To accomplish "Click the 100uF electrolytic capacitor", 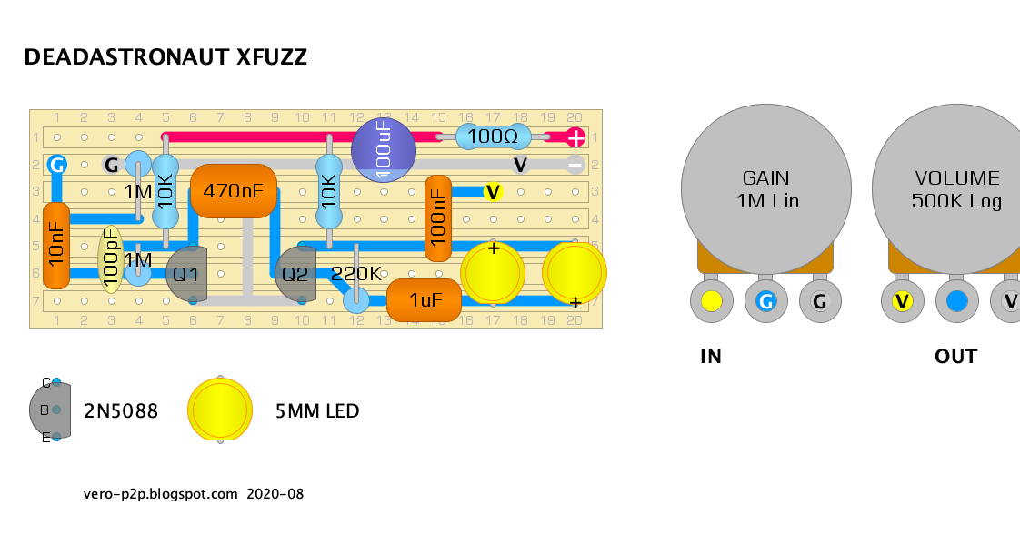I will click(383, 150).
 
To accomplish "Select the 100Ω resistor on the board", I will click(492, 137).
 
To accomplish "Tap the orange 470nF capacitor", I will click(233, 191).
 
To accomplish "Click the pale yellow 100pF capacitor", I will click(110, 258).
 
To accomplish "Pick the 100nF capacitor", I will click(438, 218).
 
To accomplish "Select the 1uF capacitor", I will click(425, 300).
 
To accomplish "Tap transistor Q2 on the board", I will click(296, 274).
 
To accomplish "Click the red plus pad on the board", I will click(575, 137).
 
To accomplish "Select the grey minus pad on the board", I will click(575, 165).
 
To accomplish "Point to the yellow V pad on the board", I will click(493, 192).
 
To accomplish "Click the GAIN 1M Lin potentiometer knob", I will click(765, 188).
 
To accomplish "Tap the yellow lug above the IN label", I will click(712, 301).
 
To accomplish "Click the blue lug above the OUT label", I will click(956, 301).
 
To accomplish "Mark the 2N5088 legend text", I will click(121, 411).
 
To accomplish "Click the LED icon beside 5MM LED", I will click(219, 410).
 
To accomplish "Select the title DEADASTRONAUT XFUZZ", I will click(165, 57).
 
